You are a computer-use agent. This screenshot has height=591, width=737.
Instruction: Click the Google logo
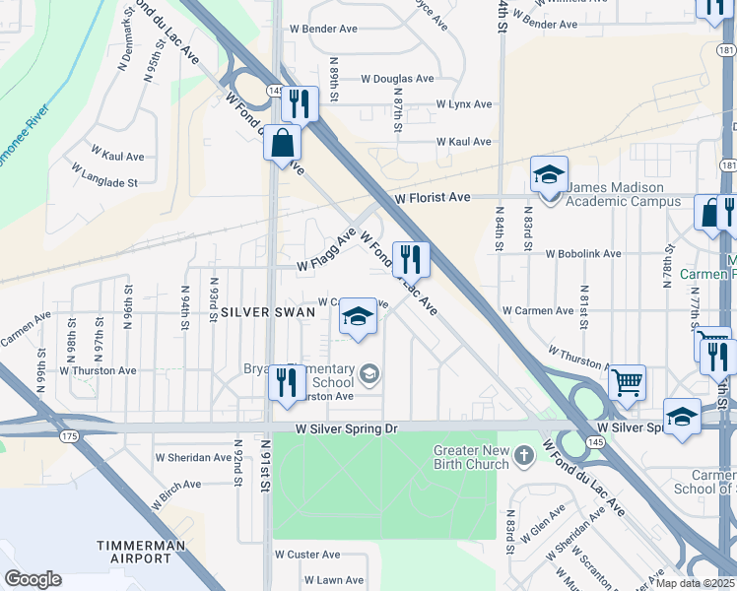(33, 579)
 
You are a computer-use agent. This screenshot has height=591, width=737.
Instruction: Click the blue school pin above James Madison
(549, 174)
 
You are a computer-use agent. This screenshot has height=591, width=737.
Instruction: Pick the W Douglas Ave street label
(397, 79)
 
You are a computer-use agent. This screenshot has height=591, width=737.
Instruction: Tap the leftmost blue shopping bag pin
(283, 142)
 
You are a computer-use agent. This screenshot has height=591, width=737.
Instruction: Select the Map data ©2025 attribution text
(696, 582)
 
